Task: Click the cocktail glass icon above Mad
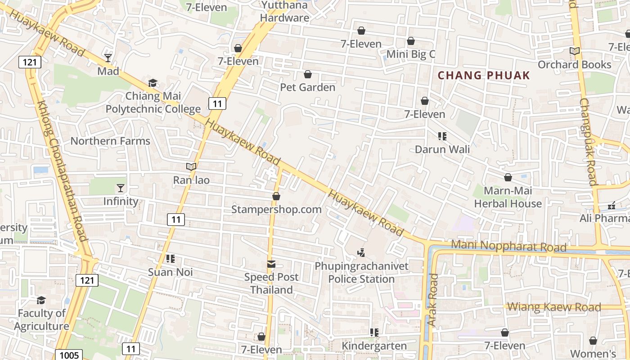(x=108, y=58)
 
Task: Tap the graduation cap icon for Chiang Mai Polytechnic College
(x=153, y=83)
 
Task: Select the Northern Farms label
(x=110, y=141)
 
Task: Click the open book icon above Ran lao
(x=191, y=166)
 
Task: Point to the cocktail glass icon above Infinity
(x=121, y=188)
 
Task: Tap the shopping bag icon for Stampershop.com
(x=276, y=196)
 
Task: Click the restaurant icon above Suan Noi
(x=171, y=258)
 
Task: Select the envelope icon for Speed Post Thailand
(x=271, y=264)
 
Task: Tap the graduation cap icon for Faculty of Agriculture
(x=41, y=300)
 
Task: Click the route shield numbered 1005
(x=69, y=355)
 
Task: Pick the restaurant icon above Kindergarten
(x=374, y=333)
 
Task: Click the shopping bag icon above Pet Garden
(x=308, y=74)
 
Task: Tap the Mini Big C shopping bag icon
(x=411, y=41)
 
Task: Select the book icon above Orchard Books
(x=575, y=51)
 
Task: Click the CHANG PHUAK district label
(x=484, y=75)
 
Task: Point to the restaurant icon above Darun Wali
(x=442, y=136)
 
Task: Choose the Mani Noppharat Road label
(x=508, y=246)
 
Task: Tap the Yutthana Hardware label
(x=285, y=12)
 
